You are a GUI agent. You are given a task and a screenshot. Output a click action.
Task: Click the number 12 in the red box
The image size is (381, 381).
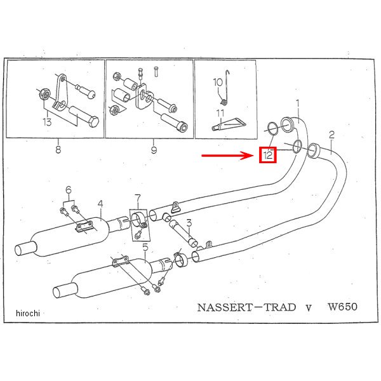point(268,154)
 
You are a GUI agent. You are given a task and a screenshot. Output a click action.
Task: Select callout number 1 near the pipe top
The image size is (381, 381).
point(297,103)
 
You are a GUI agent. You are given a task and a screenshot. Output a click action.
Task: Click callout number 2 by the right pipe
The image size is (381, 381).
point(331,134)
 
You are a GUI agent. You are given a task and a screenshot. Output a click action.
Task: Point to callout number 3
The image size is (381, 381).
point(189,204)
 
